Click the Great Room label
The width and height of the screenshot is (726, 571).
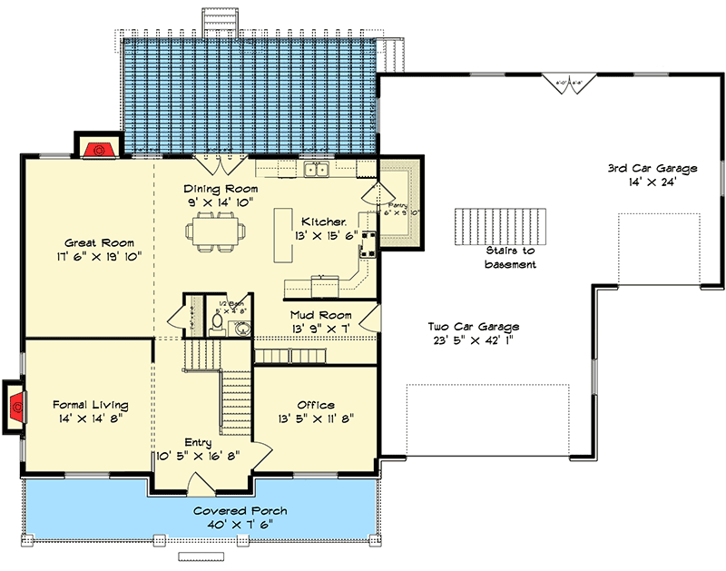[100, 242]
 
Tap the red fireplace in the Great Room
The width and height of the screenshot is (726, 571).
[95, 149]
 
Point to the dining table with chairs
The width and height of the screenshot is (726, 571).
[219, 231]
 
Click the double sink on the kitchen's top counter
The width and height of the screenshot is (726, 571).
[317, 170]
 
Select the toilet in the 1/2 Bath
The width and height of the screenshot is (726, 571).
[217, 322]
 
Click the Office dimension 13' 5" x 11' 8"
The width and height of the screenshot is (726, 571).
[316, 419]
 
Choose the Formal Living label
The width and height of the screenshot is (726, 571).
[90, 405]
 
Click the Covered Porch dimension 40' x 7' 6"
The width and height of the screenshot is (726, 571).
[232, 525]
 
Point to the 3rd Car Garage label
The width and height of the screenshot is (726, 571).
[652, 168]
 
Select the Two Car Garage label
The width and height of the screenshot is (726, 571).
[475, 326]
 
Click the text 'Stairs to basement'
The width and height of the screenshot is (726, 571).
[509, 257]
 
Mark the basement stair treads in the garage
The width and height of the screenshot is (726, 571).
[504, 223]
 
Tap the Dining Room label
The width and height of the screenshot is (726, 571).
[218, 188]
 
